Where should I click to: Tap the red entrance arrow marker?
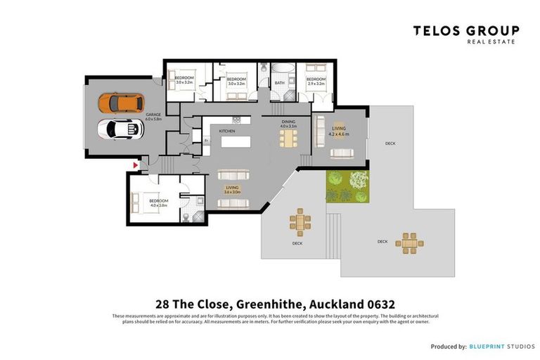click(x=134, y=165)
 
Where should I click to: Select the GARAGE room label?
click(x=153, y=114)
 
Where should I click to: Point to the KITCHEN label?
click(x=226, y=131)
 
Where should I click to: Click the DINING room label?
click(x=288, y=122)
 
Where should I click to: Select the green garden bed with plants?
click(x=347, y=186)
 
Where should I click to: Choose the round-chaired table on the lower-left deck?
click(x=300, y=223)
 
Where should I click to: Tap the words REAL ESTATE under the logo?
click(x=491, y=41)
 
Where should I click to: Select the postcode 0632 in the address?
click(x=379, y=304)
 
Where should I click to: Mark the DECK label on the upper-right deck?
click(x=390, y=143)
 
